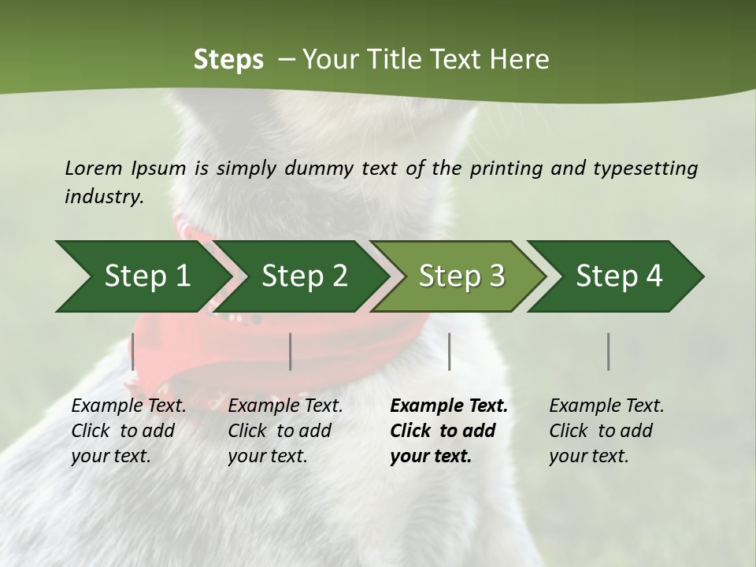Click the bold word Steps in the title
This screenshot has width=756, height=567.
[x=228, y=60]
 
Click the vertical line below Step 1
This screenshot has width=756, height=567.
[x=133, y=351]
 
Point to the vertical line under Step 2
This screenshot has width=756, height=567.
[x=291, y=351]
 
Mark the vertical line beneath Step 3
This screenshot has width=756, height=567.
[x=449, y=351]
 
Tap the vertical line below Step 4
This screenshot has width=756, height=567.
[x=608, y=351]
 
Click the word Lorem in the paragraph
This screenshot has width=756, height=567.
[x=93, y=168]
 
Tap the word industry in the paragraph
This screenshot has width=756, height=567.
[x=104, y=197]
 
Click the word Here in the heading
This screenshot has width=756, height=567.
[x=520, y=60]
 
